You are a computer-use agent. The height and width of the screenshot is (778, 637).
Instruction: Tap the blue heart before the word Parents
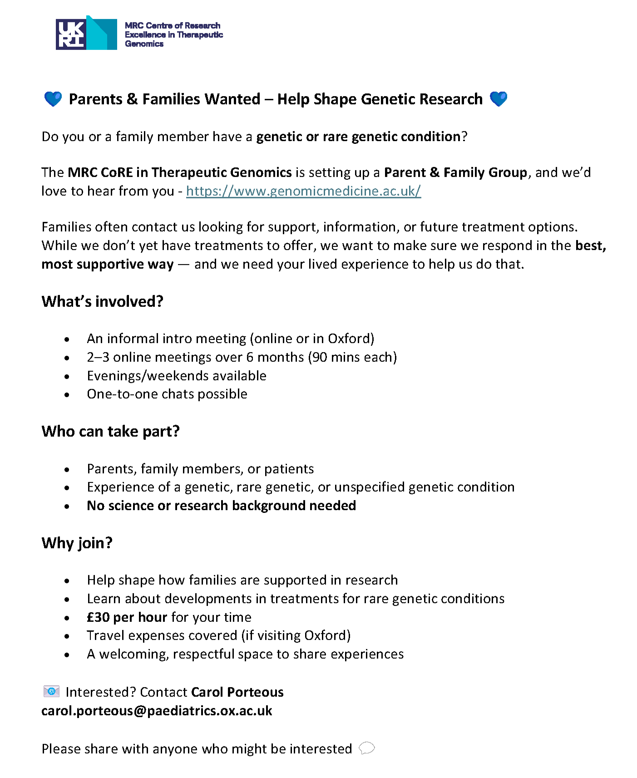pyautogui.click(x=53, y=99)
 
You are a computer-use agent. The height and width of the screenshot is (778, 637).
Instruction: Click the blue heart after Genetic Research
pyautogui.click(x=499, y=99)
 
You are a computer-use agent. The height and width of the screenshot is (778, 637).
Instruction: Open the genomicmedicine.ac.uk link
pyautogui.click(x=303, y=191)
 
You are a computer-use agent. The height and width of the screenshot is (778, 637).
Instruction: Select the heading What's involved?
pyautogui.click(x=102, y=301)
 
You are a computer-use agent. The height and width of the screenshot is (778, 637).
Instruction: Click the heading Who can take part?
pyautogui.click(x=110, y=431)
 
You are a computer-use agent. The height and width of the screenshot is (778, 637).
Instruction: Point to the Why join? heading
pyautogui.click(x=77, y=543)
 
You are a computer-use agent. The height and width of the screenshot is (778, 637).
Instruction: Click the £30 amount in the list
pyautogui.click(x=98, y=617)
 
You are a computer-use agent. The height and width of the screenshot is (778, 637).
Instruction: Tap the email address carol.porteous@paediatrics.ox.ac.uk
pyautogui.click(x=157, y=711)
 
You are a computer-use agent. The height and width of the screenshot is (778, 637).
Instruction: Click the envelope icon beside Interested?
pyautogui.click(x=51, y=691)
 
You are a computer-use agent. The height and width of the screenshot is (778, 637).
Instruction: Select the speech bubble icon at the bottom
pyautogui.click(x=367, y=748)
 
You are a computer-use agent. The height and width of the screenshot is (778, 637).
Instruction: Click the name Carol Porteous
pyautogui.click(x=237, y=692)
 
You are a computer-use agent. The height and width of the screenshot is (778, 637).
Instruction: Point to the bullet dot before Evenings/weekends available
pyautogui.click(x=67, y=376)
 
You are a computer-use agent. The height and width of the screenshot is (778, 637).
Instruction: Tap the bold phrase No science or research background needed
pyautogui.click(x=221, y=506)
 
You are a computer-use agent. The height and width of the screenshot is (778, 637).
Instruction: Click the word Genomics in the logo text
pyautogui.click(x=144, y=44)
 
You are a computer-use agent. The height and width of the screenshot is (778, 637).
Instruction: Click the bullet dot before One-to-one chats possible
pyautogui.click(x=67, y=395)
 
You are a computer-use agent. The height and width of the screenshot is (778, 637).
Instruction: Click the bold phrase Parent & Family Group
pyautogui.click(x=455, y=172)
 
